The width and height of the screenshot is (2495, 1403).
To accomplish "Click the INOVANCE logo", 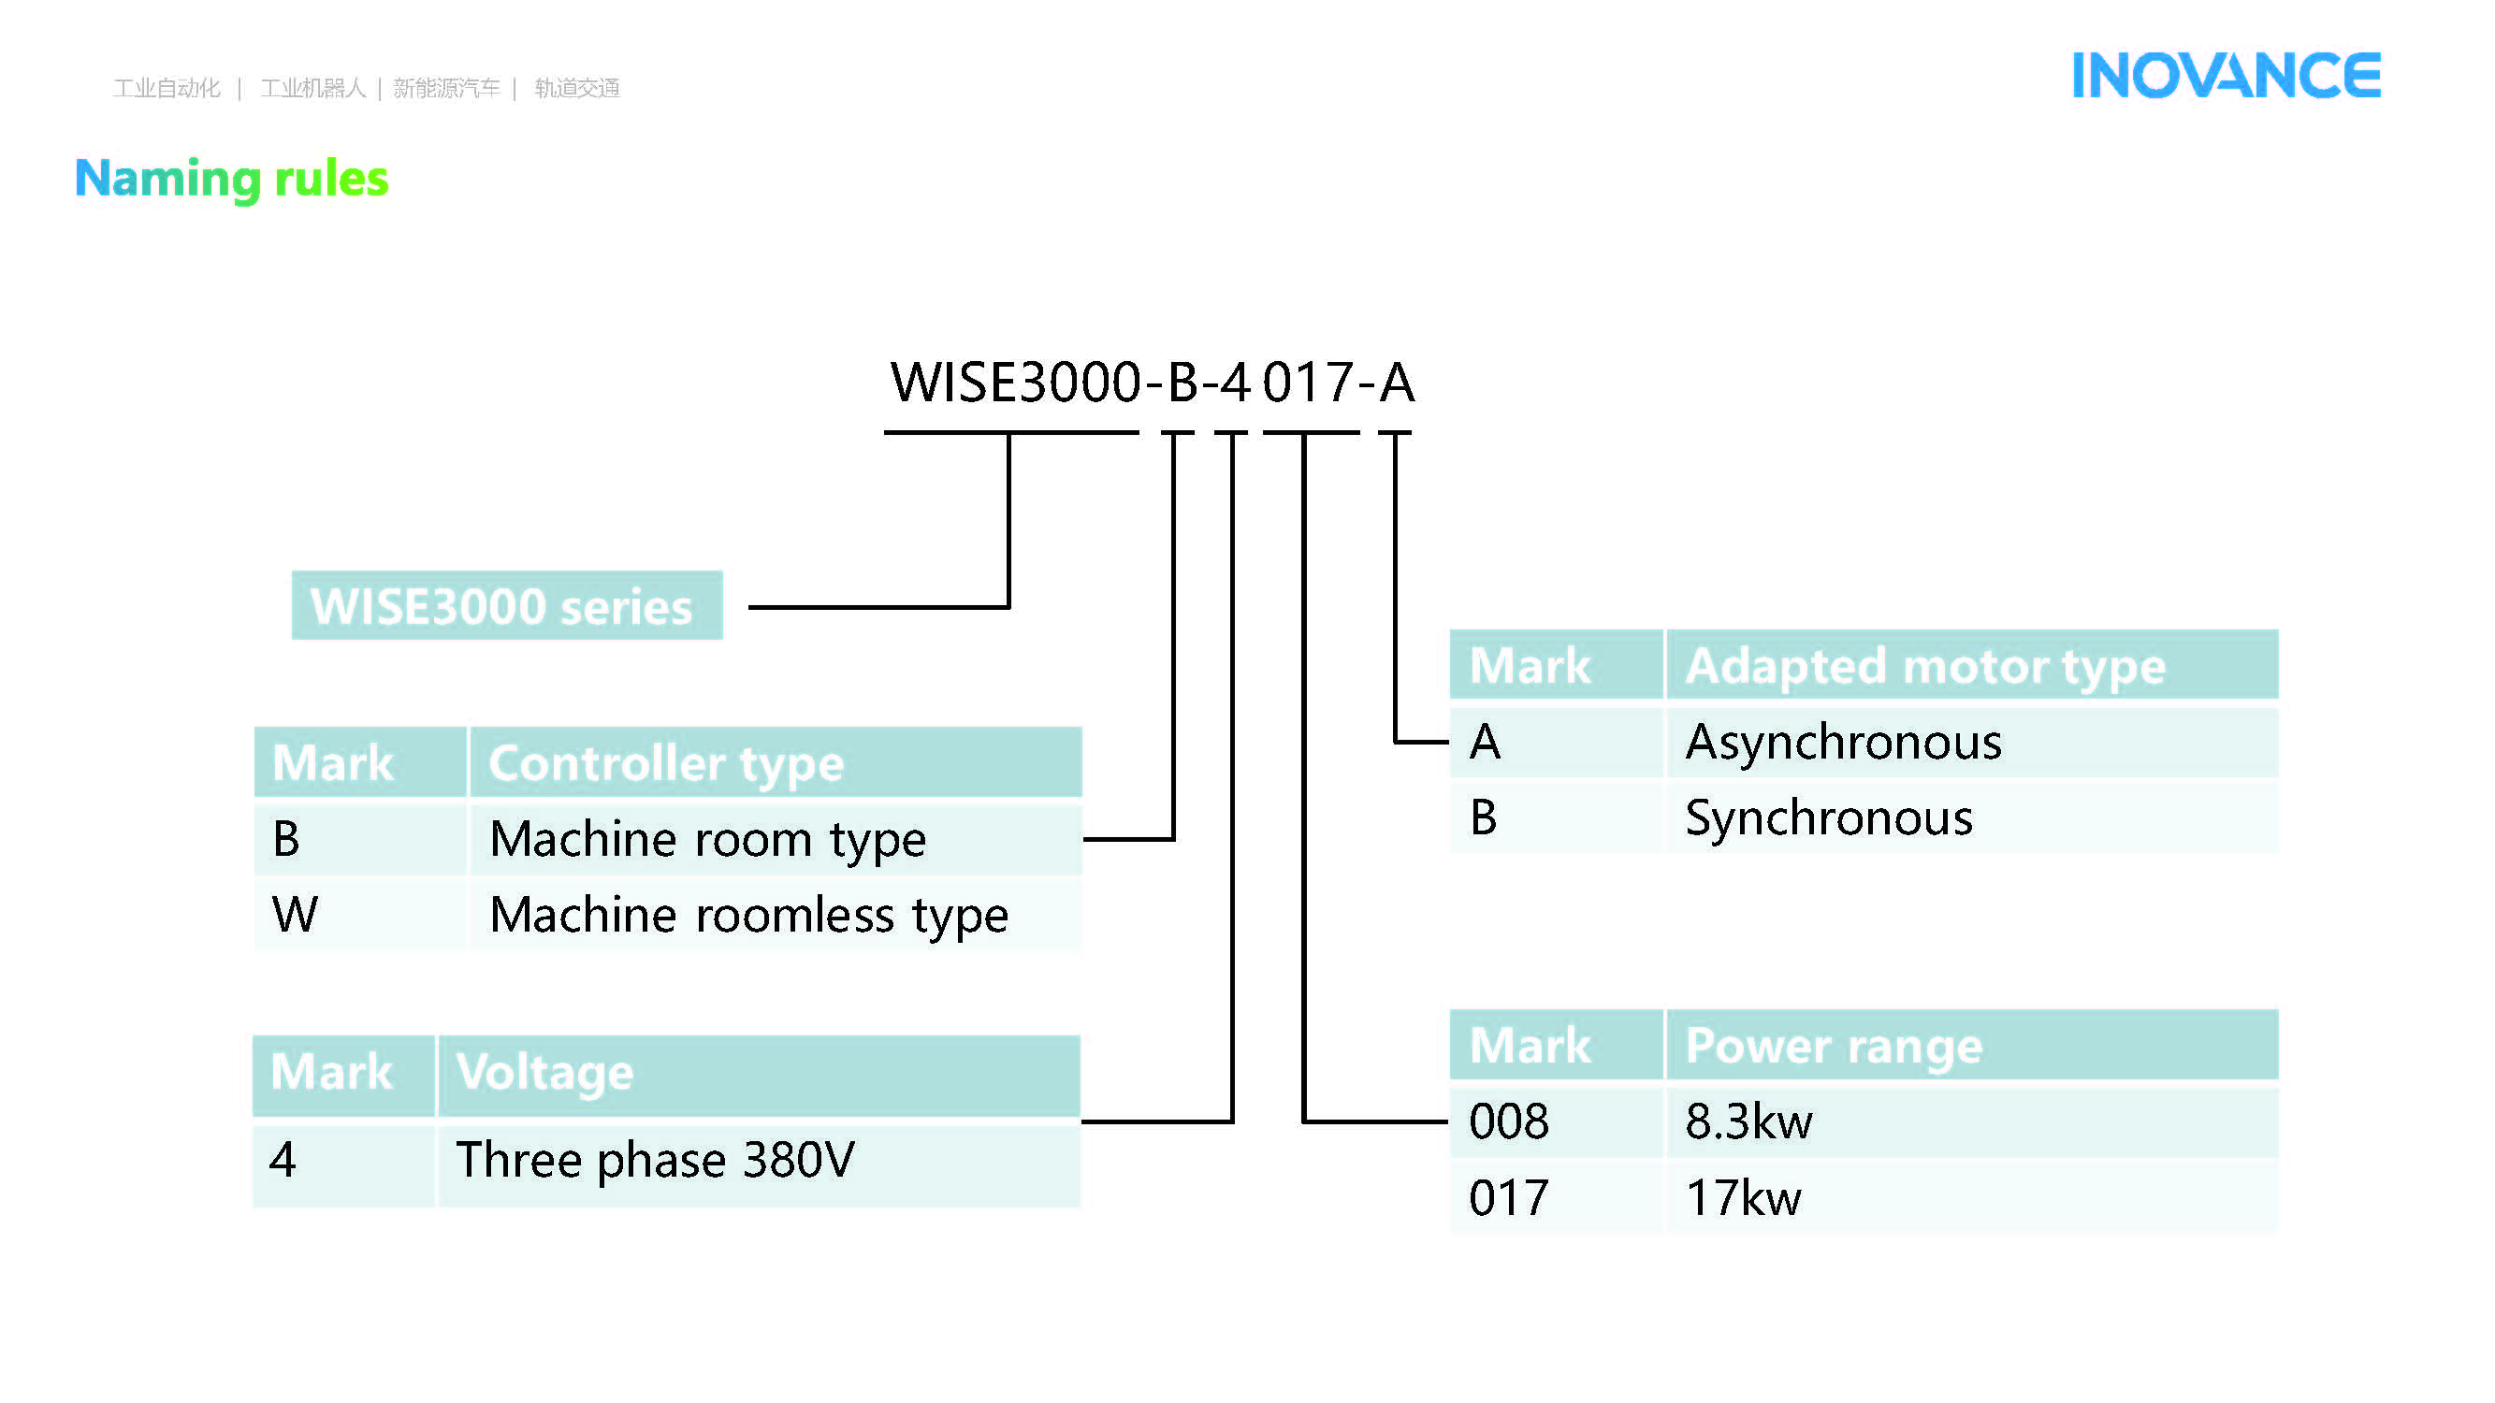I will tap(2225, 76).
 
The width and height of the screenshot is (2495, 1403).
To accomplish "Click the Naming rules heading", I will tap(231, 178).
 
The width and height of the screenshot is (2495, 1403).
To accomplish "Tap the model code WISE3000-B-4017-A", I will tap(1152, 383).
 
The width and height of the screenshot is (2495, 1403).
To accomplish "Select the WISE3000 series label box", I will tap(506, 606).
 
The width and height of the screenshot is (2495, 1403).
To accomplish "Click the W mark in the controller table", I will tap(296, 915).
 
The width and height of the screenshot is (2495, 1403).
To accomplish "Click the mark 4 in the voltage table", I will tap(283, 1160).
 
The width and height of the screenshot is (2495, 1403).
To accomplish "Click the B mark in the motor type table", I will tap(1484, 818).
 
